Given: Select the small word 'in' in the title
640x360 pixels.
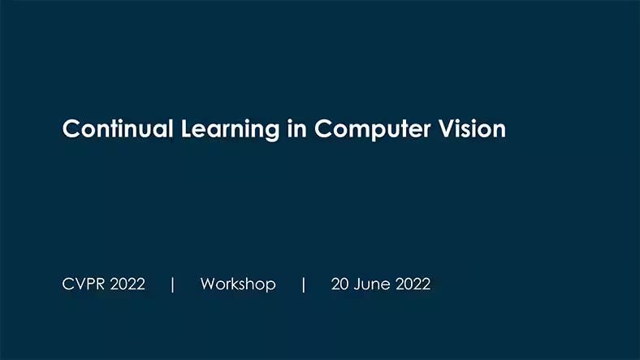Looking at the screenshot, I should pos(296,129).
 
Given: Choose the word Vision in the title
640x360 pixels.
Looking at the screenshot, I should pos(473,129).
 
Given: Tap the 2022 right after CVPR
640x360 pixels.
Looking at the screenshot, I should pos(128,284).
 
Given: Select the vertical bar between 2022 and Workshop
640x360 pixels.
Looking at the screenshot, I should pos(173,284).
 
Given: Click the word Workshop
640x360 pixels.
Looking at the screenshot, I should pos(238,284).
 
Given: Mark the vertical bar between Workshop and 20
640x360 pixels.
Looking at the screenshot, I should pos(303,284).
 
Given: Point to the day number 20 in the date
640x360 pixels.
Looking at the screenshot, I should pos(340,284).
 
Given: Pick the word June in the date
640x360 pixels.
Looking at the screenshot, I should pos(371,284).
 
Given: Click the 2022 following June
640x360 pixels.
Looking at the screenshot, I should pos(413,284).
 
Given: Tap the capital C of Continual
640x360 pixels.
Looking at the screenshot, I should pos(71,129).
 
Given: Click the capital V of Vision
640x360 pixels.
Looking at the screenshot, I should pos(448,129).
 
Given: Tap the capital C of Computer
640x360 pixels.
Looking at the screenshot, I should pos(324,129).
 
